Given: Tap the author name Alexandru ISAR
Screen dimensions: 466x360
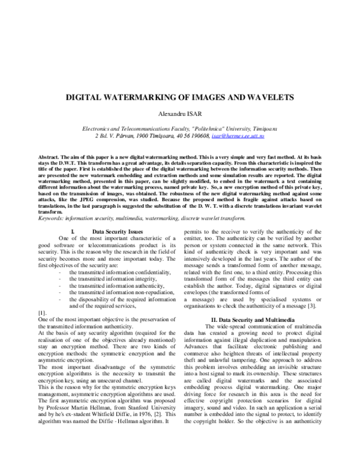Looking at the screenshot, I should (x=179, y=113).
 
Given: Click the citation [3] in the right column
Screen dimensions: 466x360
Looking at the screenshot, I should (x=309, y=307).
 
